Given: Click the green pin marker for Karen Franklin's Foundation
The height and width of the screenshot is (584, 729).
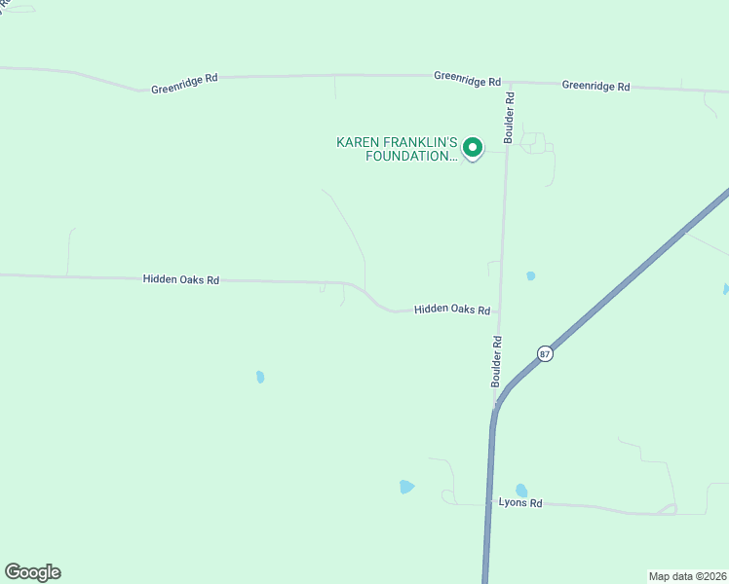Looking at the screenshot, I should coord(473,148).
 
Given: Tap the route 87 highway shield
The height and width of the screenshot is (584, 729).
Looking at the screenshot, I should coord(545,353).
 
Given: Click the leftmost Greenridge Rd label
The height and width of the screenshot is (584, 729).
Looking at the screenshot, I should coord(185,88).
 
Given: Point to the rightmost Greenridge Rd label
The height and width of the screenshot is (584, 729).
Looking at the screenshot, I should coord(595,86).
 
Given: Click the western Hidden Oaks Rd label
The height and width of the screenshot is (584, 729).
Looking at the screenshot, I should coord(180,279).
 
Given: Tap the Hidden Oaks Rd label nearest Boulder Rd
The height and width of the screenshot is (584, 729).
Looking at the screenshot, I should coord(451,310).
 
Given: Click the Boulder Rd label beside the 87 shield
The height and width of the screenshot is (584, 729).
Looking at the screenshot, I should coord(497,361).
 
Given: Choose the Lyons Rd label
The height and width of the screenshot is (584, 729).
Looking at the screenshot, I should coord(519,503).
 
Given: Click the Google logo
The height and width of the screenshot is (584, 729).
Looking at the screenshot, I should coord(32,572).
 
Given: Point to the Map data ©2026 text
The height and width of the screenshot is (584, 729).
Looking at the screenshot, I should coord(687,575).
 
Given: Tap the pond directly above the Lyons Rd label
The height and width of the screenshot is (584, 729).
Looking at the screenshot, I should coord(521,491).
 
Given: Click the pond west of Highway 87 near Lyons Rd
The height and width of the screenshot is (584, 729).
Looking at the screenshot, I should coord(406,487).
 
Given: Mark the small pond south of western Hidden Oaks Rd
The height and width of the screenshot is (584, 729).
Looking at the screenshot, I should coord(260,377).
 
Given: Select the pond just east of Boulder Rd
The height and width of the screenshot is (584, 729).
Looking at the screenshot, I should coord(530,276).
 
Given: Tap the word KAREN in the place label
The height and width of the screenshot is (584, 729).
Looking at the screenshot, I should coord(358,142).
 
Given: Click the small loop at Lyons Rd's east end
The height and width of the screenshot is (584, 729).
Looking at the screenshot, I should coord(668,510).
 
